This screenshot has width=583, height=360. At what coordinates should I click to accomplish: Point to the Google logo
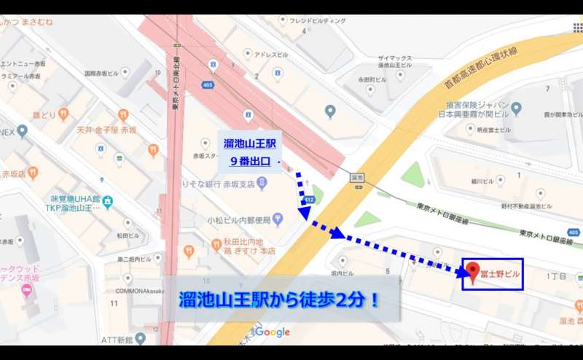[273, 332]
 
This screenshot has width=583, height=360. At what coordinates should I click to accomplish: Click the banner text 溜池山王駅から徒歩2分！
[280, 300]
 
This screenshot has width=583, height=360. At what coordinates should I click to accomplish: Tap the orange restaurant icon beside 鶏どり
[63, 114]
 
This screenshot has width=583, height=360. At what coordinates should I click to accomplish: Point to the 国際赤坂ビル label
[100, 74]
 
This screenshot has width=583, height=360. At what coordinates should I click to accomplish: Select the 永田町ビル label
[372, 79]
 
